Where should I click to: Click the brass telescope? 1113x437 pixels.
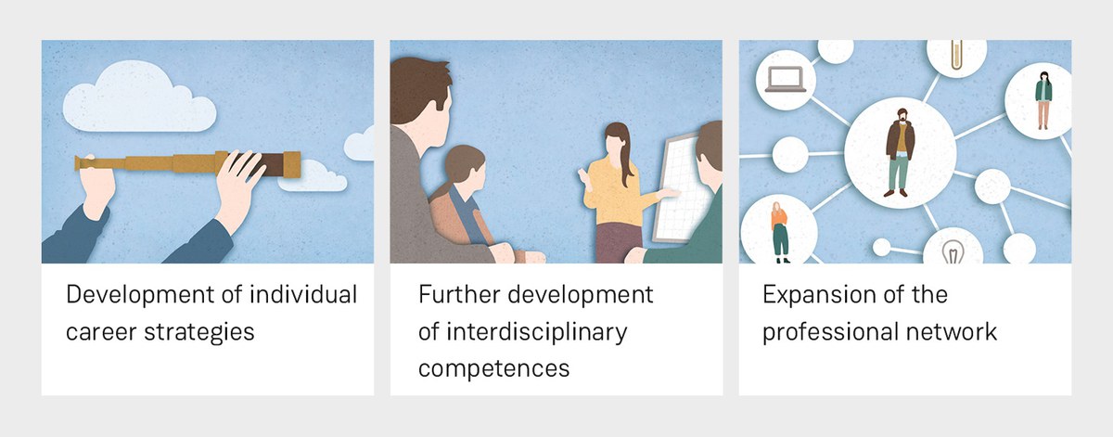pos(187,163)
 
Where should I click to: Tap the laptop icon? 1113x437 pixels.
pos(786,80)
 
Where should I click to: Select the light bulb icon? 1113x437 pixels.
pos(953,251)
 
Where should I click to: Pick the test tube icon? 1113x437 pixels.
pos(956,55)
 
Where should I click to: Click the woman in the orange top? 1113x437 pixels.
pos(780,232)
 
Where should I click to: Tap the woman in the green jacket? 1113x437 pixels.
pos(1043,100)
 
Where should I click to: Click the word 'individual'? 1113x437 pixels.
pos(303,294)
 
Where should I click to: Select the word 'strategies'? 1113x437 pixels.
pos(199,332)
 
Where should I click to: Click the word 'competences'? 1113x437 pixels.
pos(493,369)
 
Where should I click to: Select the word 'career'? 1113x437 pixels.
pos(101,332)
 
